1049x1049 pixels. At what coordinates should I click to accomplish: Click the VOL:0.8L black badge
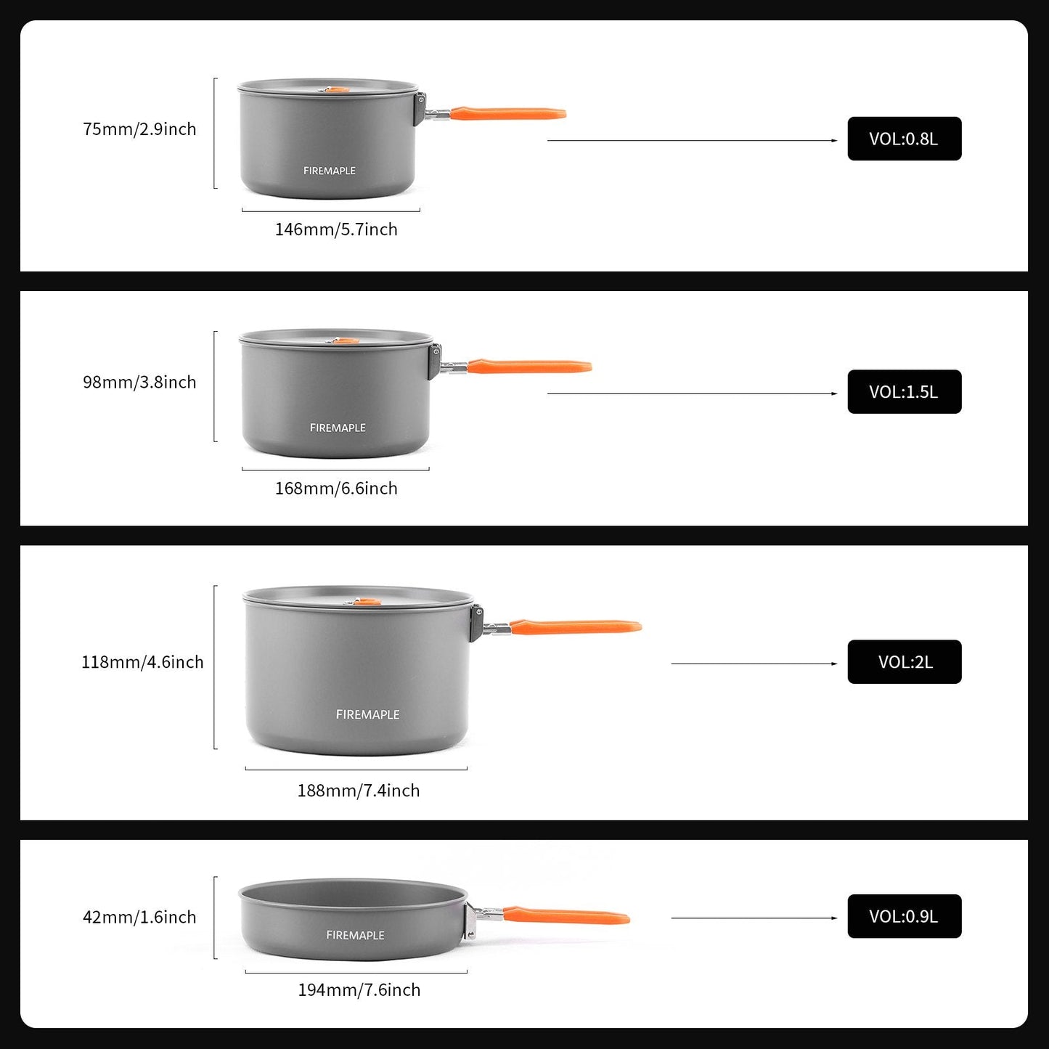pyautogui.click(x=904, y=139)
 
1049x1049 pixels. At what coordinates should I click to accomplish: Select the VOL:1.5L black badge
pyautogui.click(x=904, y=392)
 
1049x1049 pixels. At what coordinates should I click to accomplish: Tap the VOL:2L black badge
pyautogui.click(x=904, y=662)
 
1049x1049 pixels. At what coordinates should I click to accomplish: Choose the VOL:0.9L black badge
pyautogui.click(x=904, y=916)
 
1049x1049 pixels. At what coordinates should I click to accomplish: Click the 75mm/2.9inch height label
pyautogui.click(x=139, y=129)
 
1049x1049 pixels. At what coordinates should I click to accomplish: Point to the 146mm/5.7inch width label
pyautogui.click(x=336, y=229)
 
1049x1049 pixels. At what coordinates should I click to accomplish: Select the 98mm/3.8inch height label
pyautogui.click(x=139, y=383)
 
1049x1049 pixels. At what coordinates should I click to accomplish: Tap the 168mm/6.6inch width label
pyautogui.click(x=336, y=489)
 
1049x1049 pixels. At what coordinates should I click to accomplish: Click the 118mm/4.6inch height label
pyautogui.click(x=142, y=662)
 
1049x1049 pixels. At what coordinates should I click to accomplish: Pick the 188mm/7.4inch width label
pyautogui.click(x=359, y=791)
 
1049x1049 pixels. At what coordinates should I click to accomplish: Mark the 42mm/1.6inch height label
pyautogui.click(x=139, y=917)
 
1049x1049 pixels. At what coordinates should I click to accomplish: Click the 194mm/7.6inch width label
pyautogui.click(x=359, y=990)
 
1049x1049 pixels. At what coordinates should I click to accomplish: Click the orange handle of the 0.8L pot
pyautogui.click(x=507, y=113)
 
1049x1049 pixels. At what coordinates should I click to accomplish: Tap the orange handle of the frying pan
pyautogui.click(x=566, y=916)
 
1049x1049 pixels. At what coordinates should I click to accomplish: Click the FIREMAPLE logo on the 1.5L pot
pyautogui.click(x=338, y=428)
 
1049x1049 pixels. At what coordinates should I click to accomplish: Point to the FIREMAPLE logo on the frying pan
pyautogui.click(x=355, y=935)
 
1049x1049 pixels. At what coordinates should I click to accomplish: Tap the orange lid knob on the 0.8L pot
pyautogui.click(x=336, y=89)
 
